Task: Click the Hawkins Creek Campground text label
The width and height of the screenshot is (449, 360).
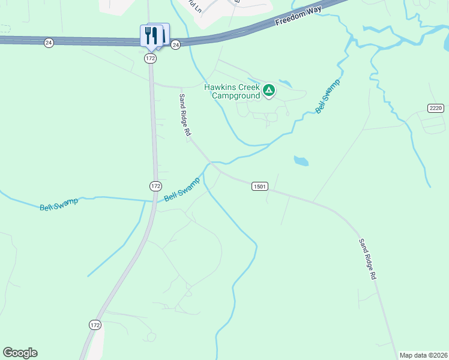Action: point(231,91)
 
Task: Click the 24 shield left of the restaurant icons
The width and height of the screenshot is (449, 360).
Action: point(48,43)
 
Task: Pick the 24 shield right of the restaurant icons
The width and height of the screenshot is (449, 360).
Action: point(175,45)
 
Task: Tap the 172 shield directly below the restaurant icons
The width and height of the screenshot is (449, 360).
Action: point(150,58)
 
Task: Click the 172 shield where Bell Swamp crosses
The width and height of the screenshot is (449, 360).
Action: point(155,186)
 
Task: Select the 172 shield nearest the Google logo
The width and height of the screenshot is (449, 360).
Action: point(95,325)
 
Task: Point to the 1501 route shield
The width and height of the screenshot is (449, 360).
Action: point(259,187)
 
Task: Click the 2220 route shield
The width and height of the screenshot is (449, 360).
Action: point(436,108)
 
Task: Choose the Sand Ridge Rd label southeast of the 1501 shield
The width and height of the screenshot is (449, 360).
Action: point(367,259)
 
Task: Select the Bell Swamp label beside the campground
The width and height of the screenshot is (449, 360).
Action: point(328,96)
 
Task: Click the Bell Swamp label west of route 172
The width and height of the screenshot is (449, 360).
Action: point(59,205)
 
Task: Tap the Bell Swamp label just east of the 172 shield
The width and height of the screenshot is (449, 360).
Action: point(182,189)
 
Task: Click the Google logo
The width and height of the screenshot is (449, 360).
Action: point(20,353)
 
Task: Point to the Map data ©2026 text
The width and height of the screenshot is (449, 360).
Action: point(423,355)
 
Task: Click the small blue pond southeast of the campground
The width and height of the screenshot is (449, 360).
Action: point(301,161)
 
